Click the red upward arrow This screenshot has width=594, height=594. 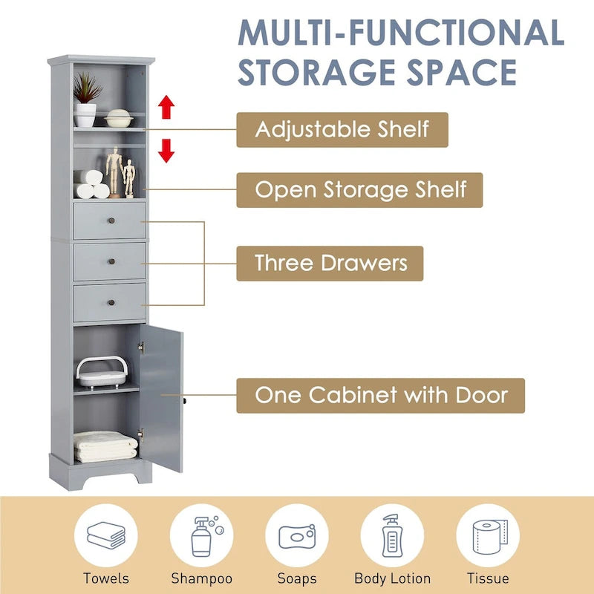point(166,108)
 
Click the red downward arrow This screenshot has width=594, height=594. point(166,151)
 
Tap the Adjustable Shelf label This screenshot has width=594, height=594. point(342,129)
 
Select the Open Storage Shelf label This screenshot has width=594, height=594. point(360,189)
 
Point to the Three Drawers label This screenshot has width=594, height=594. point(330,263)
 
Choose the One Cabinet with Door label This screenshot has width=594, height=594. point(381,395)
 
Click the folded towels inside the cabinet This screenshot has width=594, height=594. point(105,446)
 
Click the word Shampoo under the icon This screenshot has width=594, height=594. point(201,578)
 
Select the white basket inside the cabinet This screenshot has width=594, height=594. point(100,372)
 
